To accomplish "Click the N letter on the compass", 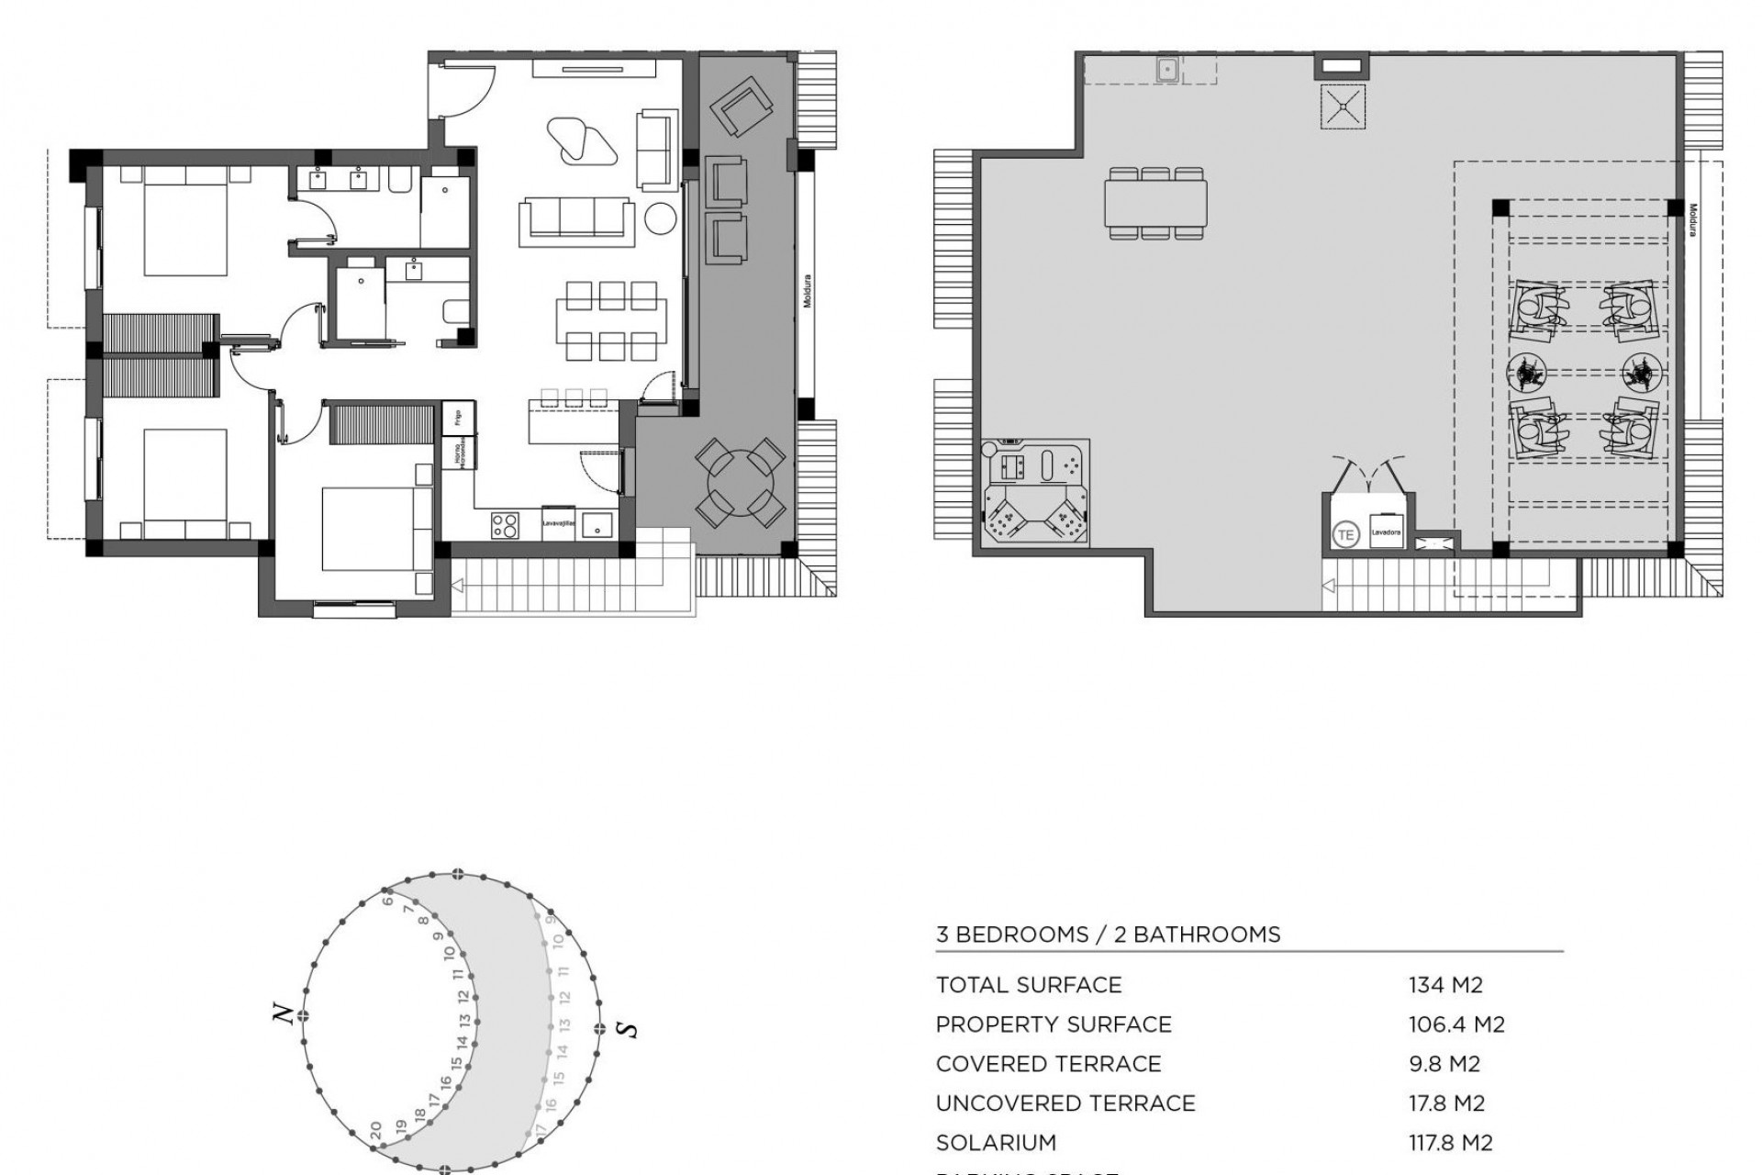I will (x=284, y=1013).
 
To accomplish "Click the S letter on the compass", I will (x=629, y=1029).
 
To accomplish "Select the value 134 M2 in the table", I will (x=1445, y=985).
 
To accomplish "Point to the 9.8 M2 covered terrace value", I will (x=1444, y=1064).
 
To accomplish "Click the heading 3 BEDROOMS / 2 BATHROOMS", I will (x=1108, y=934).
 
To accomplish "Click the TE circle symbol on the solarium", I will (x=1345, y=534).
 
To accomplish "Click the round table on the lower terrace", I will (x=740, y=481).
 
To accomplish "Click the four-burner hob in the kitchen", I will (x=505, y=524).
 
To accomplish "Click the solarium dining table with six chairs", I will (x=1155, y=203).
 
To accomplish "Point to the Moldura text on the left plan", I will (x=808, y=291).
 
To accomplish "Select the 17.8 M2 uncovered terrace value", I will (x=1446, y=1103).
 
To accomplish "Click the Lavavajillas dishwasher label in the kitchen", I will (x=558, y=524).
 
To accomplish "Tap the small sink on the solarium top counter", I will (x=1167, y=69).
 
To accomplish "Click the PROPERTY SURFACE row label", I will (x=1054, y=1024).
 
